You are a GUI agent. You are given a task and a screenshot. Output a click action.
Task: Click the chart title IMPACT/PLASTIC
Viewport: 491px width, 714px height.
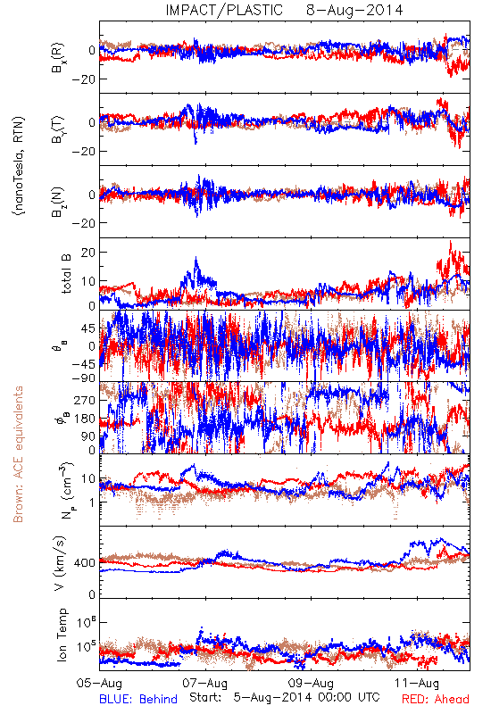point(224,10)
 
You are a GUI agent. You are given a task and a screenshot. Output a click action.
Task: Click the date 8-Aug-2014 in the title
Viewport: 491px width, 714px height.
point(354,10)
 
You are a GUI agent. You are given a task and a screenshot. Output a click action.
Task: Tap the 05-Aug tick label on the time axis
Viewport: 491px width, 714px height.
point(99,683)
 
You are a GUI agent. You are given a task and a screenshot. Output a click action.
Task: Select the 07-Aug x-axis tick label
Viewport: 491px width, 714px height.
point(205,683)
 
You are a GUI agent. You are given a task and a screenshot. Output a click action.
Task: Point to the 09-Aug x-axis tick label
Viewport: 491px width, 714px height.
point(312,683)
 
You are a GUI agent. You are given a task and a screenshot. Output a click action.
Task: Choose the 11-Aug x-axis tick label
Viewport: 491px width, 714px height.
point(417,683)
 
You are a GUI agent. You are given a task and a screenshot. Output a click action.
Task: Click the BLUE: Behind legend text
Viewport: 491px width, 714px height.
point(138,699)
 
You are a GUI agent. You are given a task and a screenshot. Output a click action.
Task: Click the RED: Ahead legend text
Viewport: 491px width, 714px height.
point(436,699)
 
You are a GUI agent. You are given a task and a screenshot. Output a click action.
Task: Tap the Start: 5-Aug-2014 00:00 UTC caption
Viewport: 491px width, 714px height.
point(285,697)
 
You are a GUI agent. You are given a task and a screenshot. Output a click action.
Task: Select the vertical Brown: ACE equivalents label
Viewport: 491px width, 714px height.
point(18,454)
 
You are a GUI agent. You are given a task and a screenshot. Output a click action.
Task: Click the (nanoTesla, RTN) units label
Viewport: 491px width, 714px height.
point(19,166)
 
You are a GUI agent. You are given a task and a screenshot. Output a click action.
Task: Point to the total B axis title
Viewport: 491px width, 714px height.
point(66,274)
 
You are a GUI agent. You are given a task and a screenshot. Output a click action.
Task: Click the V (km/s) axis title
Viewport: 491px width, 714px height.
point(60,563)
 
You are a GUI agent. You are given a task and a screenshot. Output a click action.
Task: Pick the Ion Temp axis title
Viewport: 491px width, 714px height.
point(62,635)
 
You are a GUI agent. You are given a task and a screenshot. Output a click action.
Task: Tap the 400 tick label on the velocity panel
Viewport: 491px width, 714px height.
point(85,563)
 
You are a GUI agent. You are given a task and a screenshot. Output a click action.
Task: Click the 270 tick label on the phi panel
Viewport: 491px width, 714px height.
point(85,400)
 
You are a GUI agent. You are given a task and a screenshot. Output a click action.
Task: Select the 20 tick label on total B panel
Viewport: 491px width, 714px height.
point(88,253)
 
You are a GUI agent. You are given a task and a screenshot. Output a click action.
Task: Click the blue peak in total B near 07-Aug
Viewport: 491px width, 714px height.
point(196,258)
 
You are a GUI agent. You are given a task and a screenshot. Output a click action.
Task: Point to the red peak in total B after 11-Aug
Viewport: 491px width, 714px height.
point(451,241)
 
